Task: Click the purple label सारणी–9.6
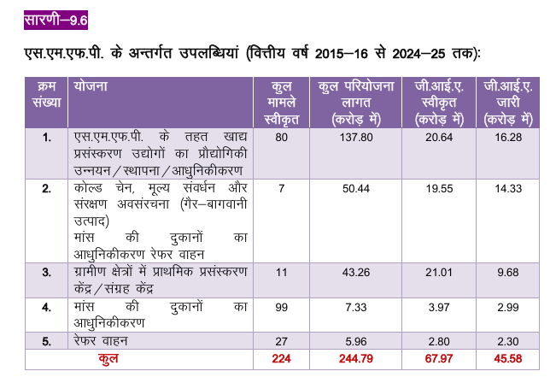pyautogui.click(x=56, y=20)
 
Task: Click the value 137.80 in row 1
pyautogui.click(x=356, y=138)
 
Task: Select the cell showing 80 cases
pyautogui.click(x=281, y=138)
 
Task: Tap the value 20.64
pyautogui.click(x=439, y=138)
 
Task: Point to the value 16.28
pyautogui.click(x=508, y=138)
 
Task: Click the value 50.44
pyautogui.click(x=356, y=188)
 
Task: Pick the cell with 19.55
pyautogui.click(x=439, y=188)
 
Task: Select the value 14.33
pyautogui.click(x=508, y=188)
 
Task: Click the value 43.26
pyautogui.click(x=356, y=273)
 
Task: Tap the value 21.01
pyautogui.click(x=439, y=273)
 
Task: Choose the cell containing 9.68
pyautogui.click(x=508, y=273)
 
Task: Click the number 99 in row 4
pyautogui.click(x=281, y=308)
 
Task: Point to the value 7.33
pyautogui.click(x=356, y=308)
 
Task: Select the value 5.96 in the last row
pyautogui.click(x=356, y=341)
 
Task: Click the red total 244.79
pyautogui.click(x=356, y=358)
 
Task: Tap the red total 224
pyautogui.click(x=281, y=358)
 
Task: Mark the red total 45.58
pyautogui.click(x=508, y=358)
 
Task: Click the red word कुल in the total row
pyautogui.click(x=108, y=358)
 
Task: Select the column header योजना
pyautogui.click(x=91, y=86)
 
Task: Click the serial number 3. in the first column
pyautogui.click(x=46, y=273)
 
